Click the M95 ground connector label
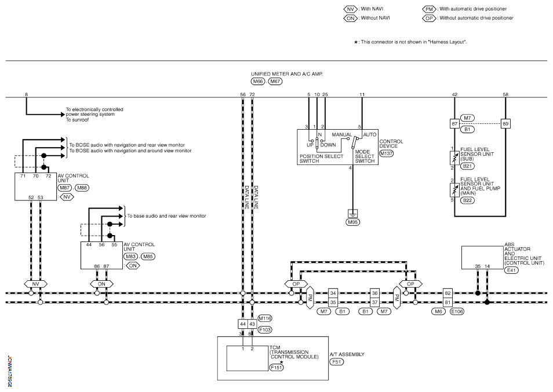pyautogui.click(x=352, y=222)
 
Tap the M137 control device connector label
pyautogui.click(x=386, y=153)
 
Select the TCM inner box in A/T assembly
pyautogui.click(x=248, y=358)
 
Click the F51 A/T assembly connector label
pyautogui.click(x=336, y=362)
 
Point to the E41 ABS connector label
pyautogui.click(x=511, y=270)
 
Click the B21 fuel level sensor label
pyautogui.click(x=467, y=166)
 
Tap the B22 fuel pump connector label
pyautogui.click(x=467, y=200)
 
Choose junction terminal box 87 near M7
pyautogui.click(x=454, y=124)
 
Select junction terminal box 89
pyautogui.click(x=505, y=124)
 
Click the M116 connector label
pyautogui.click(x=265, y=318)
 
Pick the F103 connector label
pyautogui.click(x=265, y=330)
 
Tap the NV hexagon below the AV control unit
pyautogui.click(x=35, y=284)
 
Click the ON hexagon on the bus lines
pyautogui.click(x=101, y=284)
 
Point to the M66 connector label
pyautogui.click(x=258, y=82)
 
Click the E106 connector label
pyautogui.click(x=457, y=312)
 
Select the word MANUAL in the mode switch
pyautogui.click(x=342, y=134)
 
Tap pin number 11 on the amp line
pyautogui.click(x=362, y=94)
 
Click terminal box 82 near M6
pyautogui.click(x=448, y=293)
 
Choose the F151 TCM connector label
pyautogui.click(x=276, y=367)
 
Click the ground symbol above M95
pyautogui.click(x=352, y=213)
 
